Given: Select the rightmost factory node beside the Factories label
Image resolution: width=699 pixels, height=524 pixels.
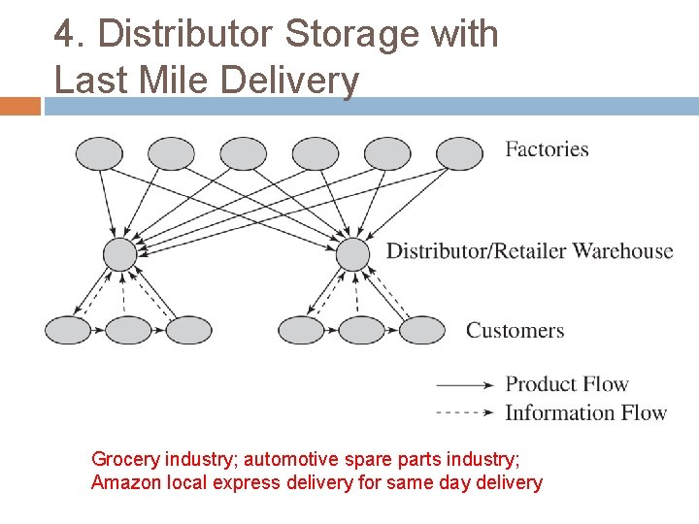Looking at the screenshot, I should point(459,152).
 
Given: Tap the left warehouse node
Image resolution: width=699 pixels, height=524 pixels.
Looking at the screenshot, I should point(120,255).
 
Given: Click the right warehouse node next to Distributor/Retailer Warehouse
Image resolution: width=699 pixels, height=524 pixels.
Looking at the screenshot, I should point(353,255).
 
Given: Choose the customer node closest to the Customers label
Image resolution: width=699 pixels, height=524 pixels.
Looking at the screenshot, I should point(422,330).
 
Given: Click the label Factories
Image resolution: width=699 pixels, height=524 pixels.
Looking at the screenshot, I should point(547,149).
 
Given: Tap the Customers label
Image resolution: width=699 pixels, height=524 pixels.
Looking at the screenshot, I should point(515,331).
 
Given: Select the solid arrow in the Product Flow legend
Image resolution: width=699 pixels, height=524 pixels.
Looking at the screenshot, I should point(466,384).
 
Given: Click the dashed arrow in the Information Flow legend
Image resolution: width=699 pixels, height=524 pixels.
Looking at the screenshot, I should point(466,412).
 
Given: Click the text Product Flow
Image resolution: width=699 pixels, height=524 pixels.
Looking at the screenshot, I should point(567,384).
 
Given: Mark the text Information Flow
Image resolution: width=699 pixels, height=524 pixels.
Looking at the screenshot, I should point(585,413).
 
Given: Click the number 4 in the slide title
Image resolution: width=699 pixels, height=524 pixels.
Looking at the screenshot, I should point(64,35).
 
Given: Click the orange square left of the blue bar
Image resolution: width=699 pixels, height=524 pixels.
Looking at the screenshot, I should point(19,106).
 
